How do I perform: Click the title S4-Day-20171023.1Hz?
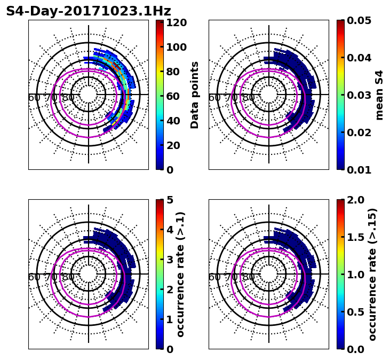pyautogui.click(x=89, y=11)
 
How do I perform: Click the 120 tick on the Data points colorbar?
pyautogui.click(x=176, y=22)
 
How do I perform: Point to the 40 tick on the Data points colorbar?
pyautogui.click(x=176, y=121)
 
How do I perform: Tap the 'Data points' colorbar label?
pyautogui.click(x=195, y=95)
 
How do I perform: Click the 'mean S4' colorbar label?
pyautogui.click(x=379, y=95)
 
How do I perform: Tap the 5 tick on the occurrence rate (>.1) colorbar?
pyautogui.click(x=170, y=200)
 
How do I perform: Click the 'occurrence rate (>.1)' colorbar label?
pyautogui.click(x=180, y=274)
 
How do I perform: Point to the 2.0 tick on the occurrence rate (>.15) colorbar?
pyautogui.click(x=352, y=200)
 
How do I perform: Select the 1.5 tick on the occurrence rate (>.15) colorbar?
pyautogui.click(x=352, y=237)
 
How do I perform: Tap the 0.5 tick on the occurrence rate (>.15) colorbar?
pyautogui.click(x=352, y=312)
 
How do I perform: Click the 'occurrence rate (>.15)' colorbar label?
pyautogui.click(x=372, y=274)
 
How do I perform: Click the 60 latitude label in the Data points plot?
pyautogui.click(x=34, y=98)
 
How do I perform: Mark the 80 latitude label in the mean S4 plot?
pyautogui.click(x=248, y=98)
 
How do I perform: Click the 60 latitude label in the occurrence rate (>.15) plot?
pyautogui.click(x=214, y=277)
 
